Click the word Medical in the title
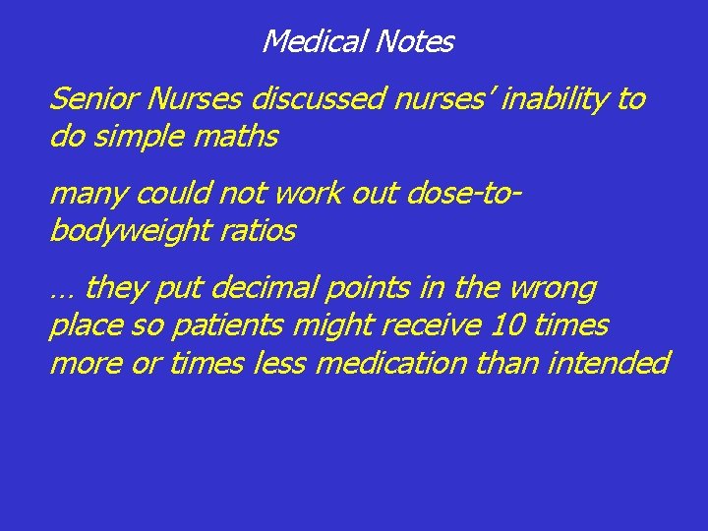coord(310,42)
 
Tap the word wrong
coord(553,289)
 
